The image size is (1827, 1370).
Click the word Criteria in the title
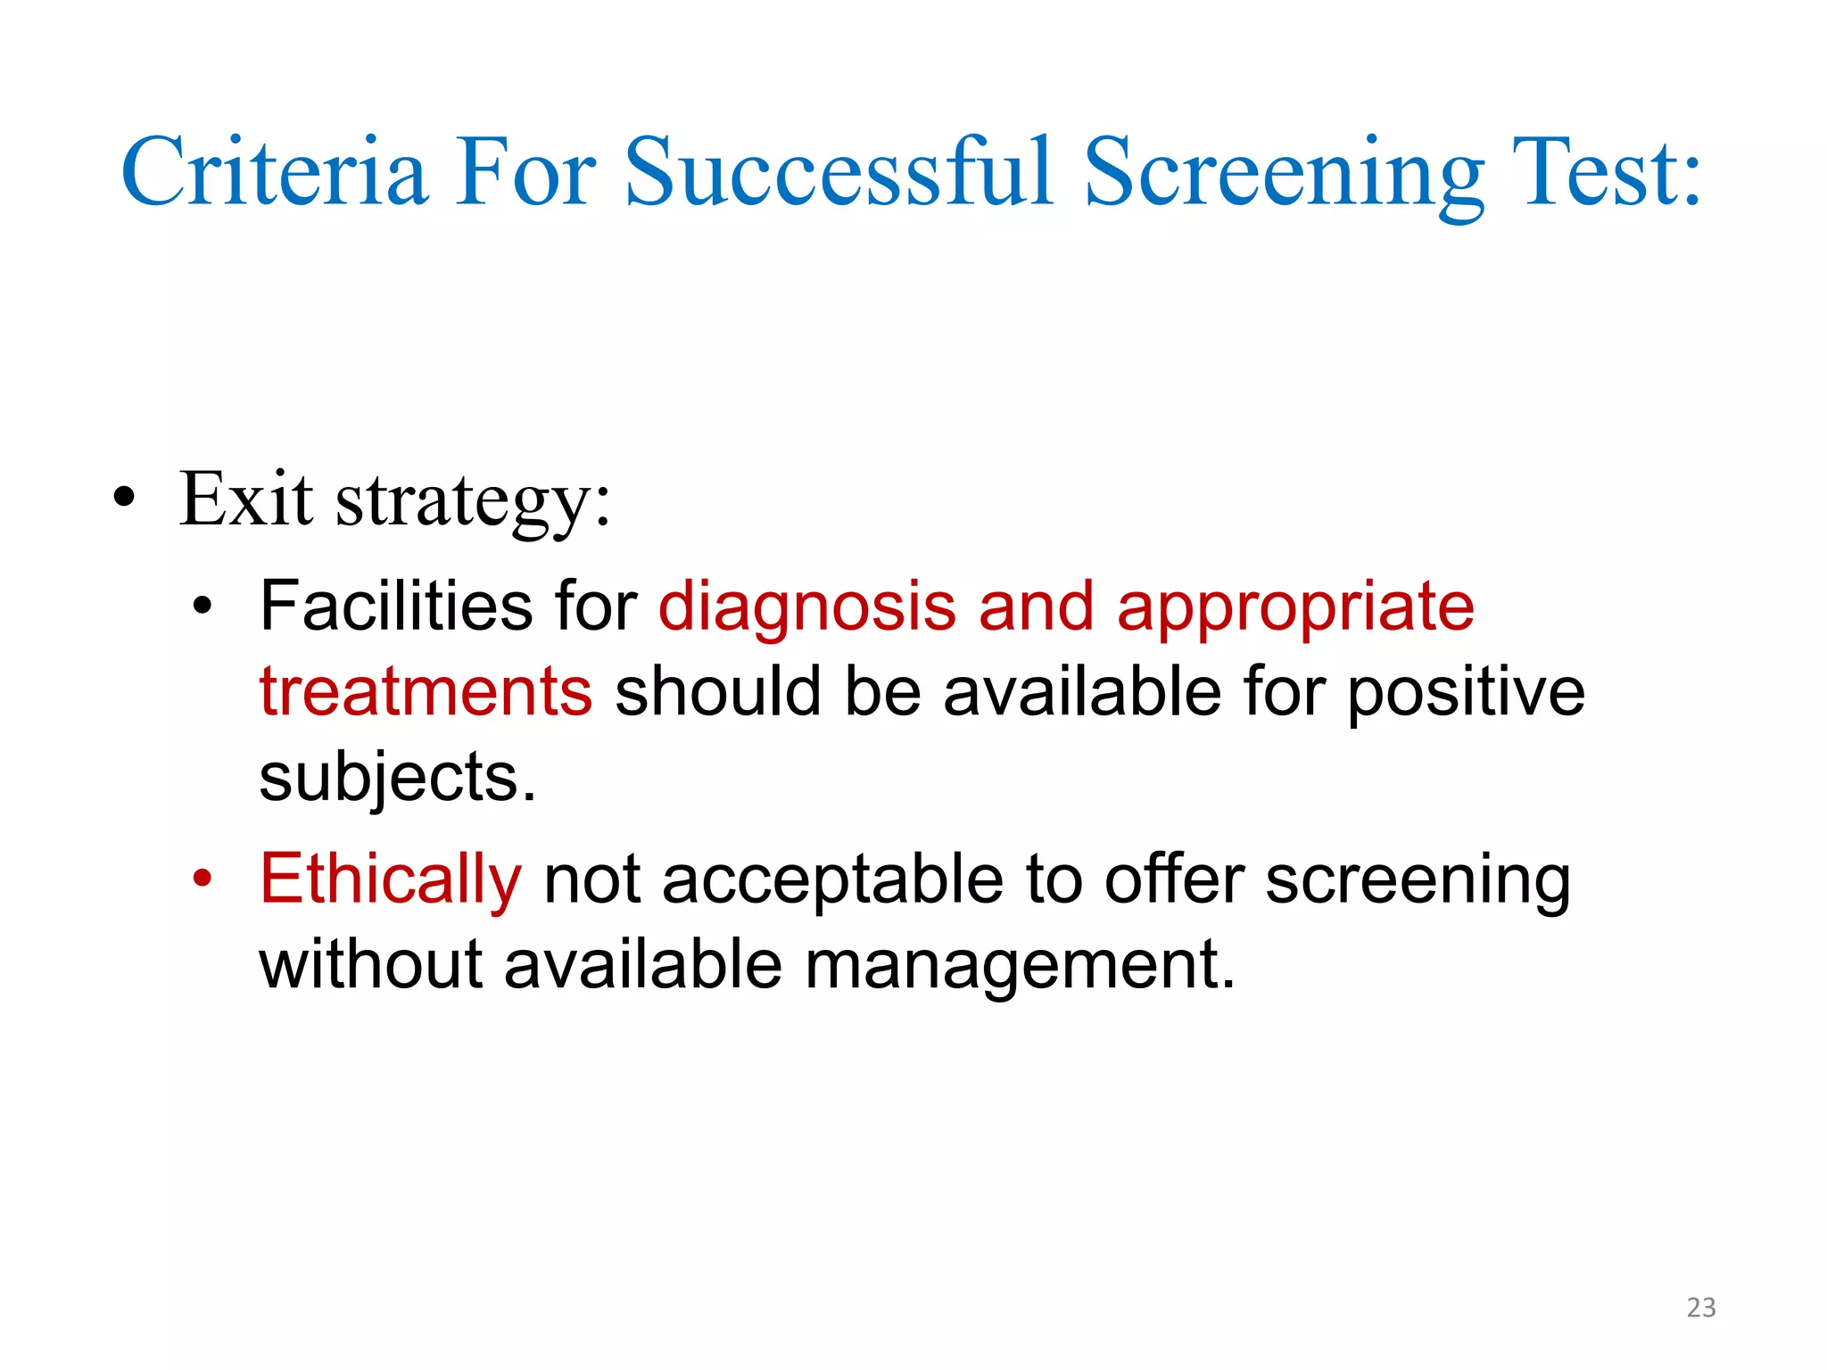pos(274,171)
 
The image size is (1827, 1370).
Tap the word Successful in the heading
pos(839,171)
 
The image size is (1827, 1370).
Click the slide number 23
pos(1701,1308)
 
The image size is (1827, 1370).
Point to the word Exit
pos(246,499)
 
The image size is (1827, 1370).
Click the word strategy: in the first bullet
pos(473,501)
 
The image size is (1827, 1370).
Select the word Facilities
pos(396,607)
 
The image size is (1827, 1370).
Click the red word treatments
pos(426,692)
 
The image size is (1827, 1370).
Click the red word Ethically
pos(390,880)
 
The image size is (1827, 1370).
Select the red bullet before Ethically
pos(203,879)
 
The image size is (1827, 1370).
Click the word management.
pos(1020,966)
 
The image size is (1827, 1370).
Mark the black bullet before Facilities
pos(203,607)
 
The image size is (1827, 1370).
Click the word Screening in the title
pos(1285,171)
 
